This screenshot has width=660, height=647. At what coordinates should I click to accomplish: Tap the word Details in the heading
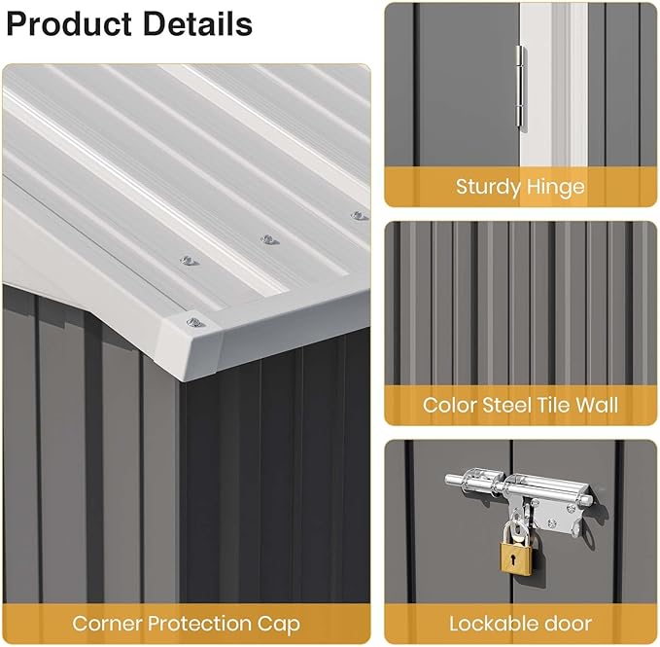coord(198,23)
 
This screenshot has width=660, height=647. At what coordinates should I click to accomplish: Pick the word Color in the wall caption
coord(449,405)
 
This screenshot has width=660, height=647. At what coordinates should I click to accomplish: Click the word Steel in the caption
coord(503,405)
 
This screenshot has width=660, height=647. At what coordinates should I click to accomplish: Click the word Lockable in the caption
coord(490,624)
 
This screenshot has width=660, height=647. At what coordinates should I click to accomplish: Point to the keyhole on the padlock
coord(514,559)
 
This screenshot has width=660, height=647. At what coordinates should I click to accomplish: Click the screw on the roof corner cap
coord(195,323)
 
